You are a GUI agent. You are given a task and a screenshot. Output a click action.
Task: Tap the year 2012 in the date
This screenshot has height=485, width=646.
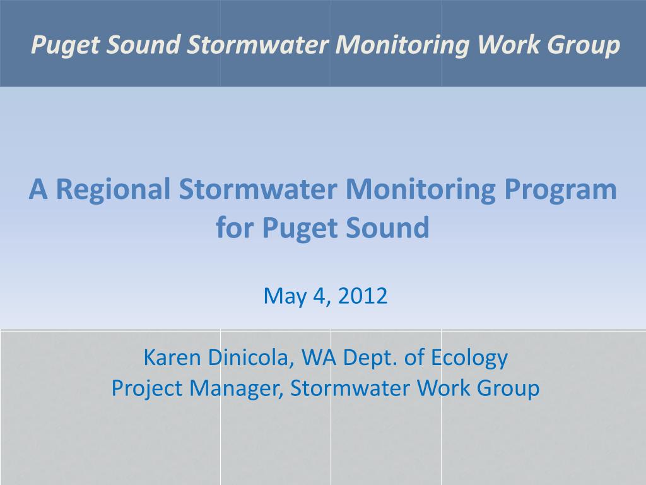coord(363,296)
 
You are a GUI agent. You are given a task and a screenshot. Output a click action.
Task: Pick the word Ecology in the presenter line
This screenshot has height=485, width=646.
coord(469,358)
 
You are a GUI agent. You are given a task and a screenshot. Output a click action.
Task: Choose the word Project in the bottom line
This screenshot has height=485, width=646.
coord(147,388)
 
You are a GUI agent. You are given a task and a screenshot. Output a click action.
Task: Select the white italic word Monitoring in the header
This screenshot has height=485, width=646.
coord(402,45)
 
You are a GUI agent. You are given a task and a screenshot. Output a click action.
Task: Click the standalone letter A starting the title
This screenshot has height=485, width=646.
coord(38,189)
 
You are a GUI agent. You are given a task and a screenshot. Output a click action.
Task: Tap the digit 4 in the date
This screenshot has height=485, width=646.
coord(319,296)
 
